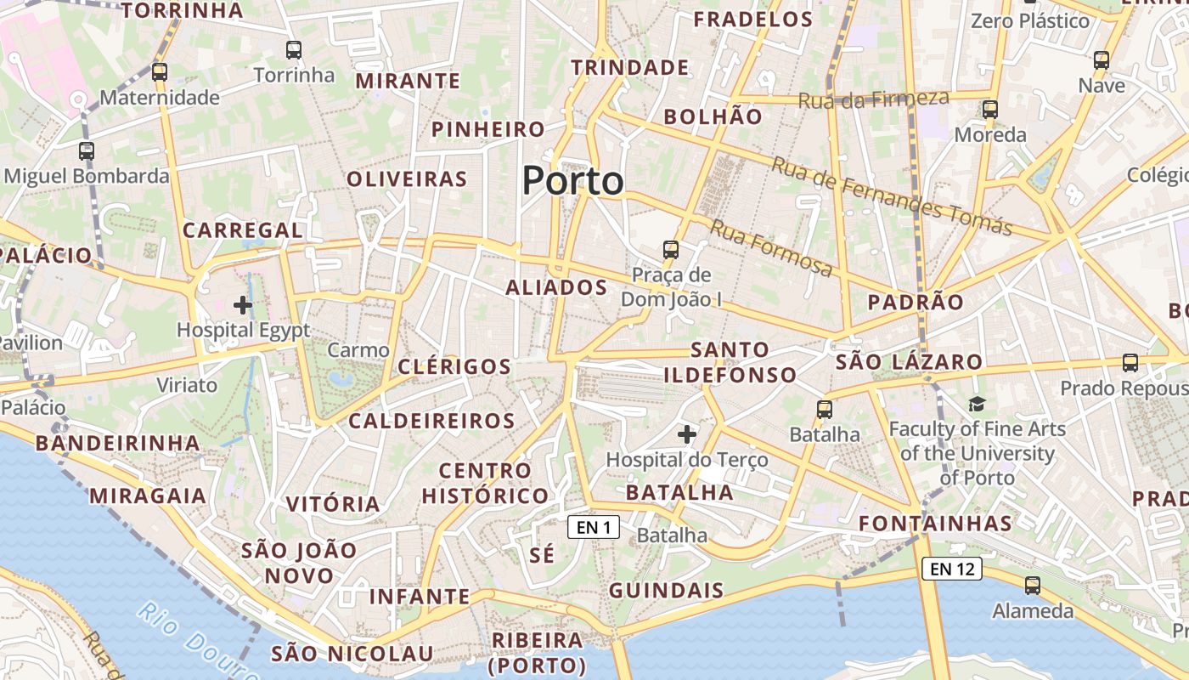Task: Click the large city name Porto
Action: [x=572, y=181]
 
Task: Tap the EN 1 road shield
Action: [x=594, y=528]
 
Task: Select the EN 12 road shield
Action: [x=952, y=569]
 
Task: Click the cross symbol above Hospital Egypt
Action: [x=243, y=304]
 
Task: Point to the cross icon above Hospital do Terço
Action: [x=687, y=435]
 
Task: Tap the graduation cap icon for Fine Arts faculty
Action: [x=977, y=405]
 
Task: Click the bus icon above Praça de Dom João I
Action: [x=671, y=250]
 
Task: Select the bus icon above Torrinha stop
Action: [x=294, y=50]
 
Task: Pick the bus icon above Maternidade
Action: [x=160, y=72]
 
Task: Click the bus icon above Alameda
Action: [x=1033, y=586]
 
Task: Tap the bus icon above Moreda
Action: [x=990, y=110]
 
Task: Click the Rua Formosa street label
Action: [x=771, y=247]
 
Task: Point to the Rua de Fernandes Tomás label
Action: [x=891, y=196]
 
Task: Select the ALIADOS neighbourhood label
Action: [x=556, y=287]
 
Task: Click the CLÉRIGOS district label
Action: [x=454, y=367]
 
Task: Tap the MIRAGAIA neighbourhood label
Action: [x=148, y=496]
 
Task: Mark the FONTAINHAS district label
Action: [x=935, y=524]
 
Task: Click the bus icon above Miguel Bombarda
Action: [x=87, y=151]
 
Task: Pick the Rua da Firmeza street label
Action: [x=873, y=99]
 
